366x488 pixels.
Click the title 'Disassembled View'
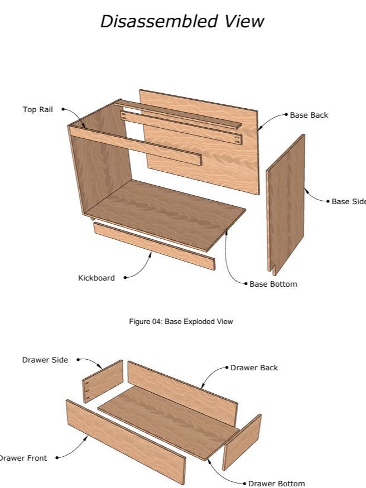(182, 21)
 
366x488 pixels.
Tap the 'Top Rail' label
(38, 109)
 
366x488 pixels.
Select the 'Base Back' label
(309, 115)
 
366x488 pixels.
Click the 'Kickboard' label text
(97, 278)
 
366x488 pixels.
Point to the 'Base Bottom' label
(273, 284)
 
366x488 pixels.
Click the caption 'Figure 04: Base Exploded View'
(181, 322)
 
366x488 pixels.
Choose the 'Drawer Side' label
(45, 360)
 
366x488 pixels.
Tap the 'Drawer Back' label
(254, 368)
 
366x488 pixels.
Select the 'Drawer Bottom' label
(277, 484)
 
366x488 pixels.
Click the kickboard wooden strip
(154, 245)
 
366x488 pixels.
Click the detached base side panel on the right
(286, 204)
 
